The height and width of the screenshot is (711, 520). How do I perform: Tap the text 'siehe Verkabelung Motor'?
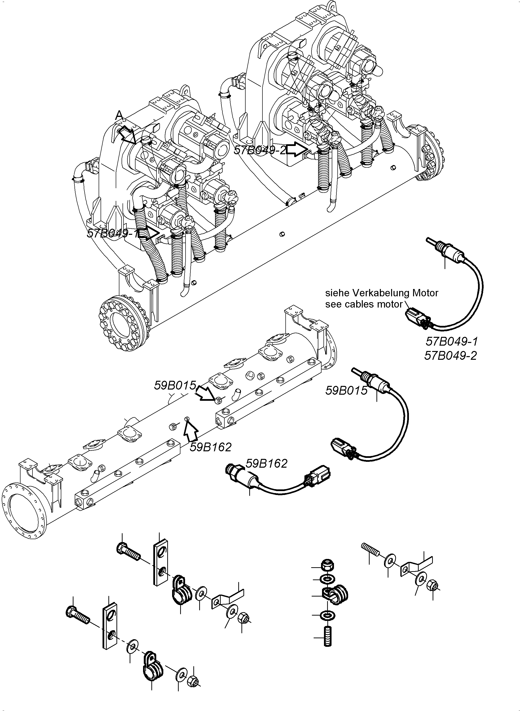pos(382,293)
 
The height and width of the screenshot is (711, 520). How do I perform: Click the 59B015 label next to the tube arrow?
pos(175,385)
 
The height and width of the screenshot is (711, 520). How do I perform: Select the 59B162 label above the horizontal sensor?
pos(266,463)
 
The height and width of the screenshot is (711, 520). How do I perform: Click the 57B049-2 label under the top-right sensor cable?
pos(451,356)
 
